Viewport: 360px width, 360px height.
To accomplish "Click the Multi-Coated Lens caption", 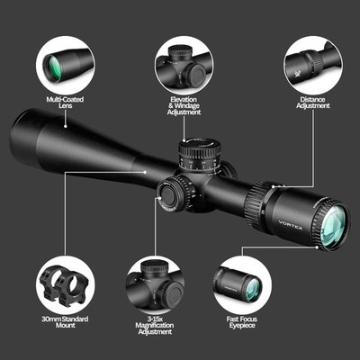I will tap(65, 103).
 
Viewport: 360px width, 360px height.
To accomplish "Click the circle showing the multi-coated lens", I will tap(65, 63).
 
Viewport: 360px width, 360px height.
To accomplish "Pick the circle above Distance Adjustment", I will tap(312, 63).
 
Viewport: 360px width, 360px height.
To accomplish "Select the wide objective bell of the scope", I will tap(45, 135).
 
